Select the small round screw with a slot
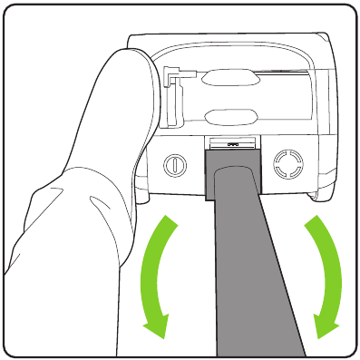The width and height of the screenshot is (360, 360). pos(172,166)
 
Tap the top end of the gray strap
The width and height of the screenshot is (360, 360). pos(235,155)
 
